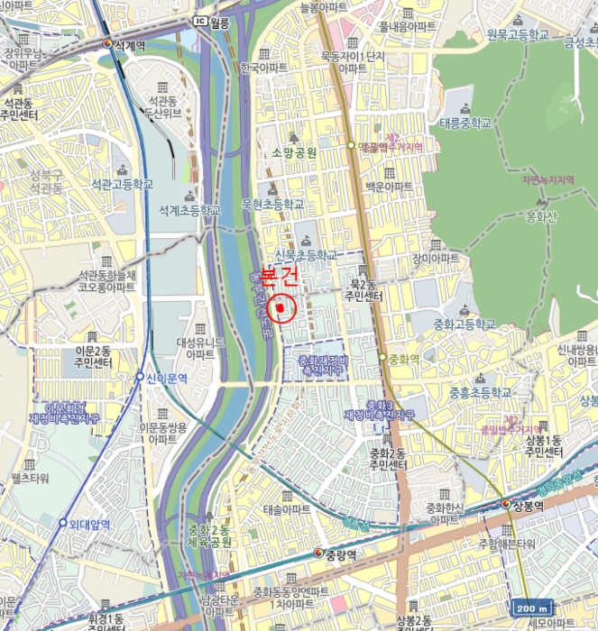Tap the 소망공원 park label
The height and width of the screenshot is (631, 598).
294,153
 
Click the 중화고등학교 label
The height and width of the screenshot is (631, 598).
465,324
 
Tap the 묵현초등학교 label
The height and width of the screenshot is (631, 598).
273,205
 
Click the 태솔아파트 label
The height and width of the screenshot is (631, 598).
287,509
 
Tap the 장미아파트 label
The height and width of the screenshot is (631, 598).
436,259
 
